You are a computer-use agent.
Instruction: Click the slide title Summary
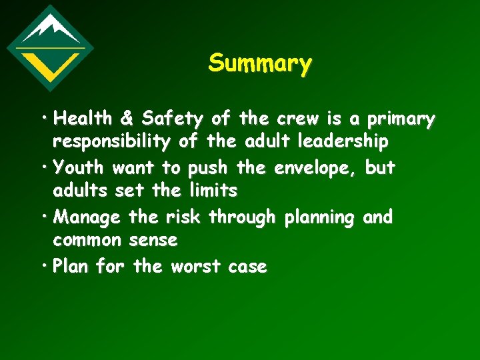[259, 63]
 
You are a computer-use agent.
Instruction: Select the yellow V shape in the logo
[50, 64]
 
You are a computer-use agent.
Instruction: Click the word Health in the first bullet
[83, 119]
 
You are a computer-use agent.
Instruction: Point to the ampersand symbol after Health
[127, 119]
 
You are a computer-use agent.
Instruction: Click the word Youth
[79, 167]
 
